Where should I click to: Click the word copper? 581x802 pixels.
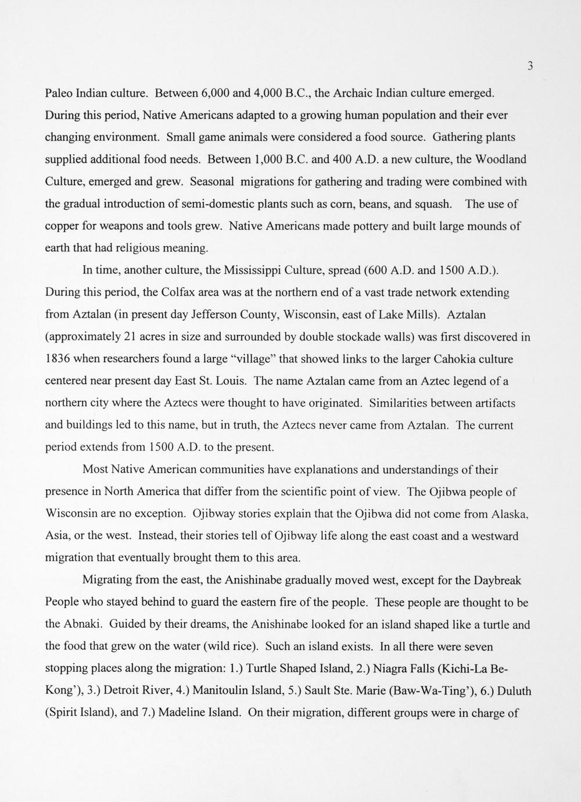(62, 227)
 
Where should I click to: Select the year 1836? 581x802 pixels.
(58, 359)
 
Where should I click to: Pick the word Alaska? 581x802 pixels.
(510, 514)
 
